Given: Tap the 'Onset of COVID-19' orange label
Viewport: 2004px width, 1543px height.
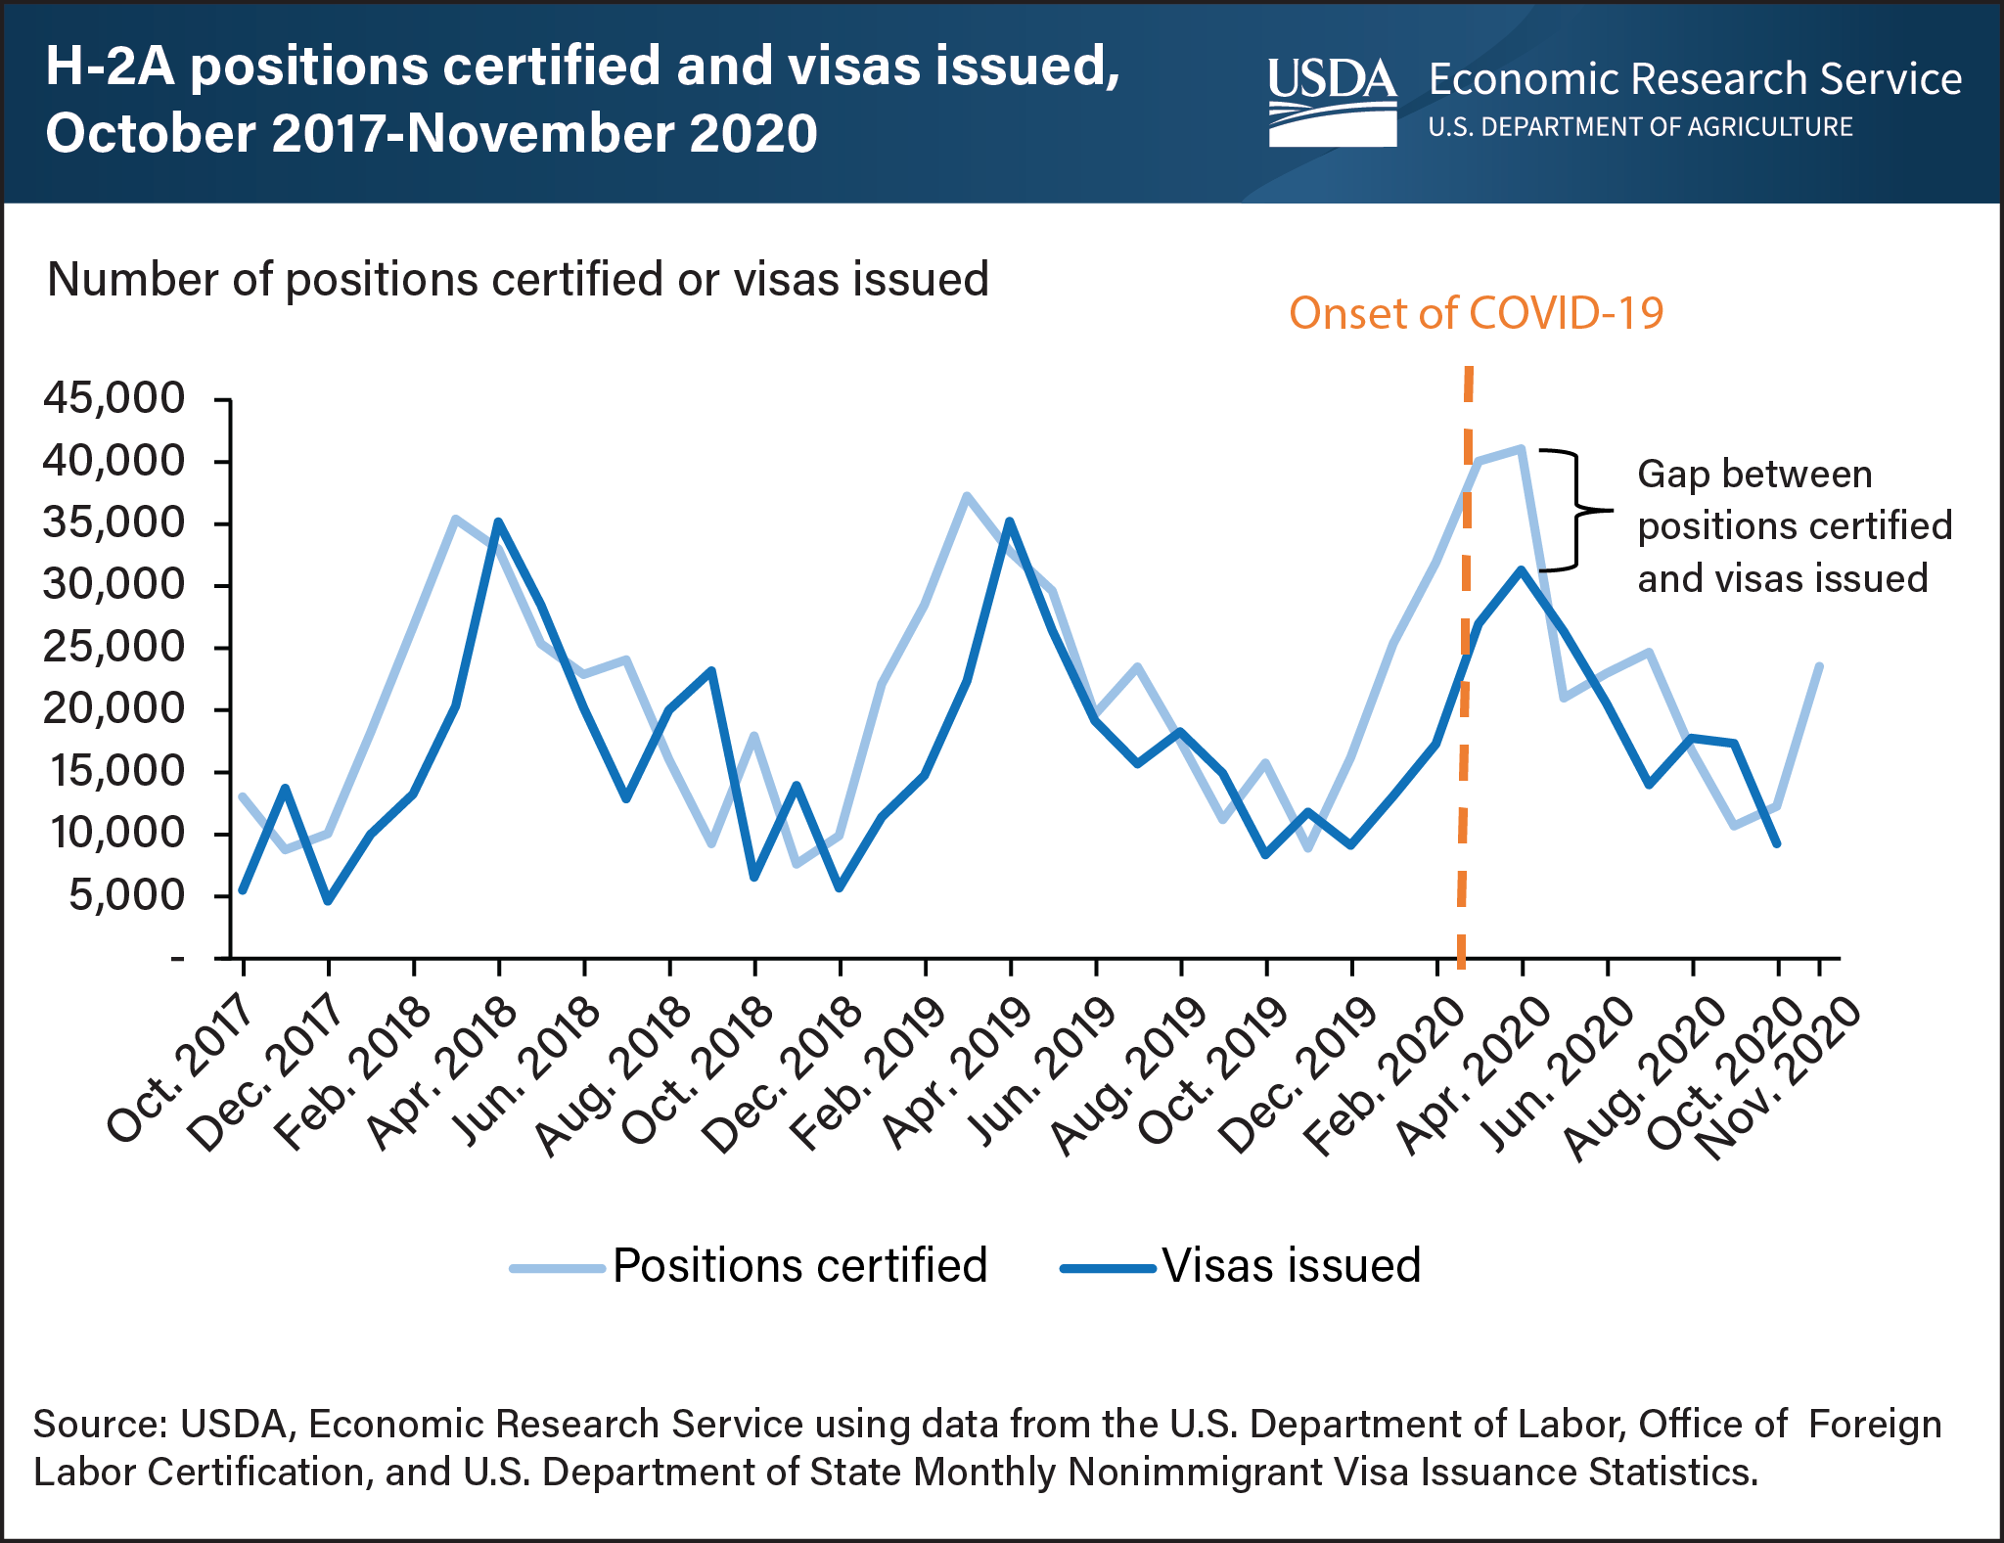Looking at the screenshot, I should (x=1476, y=314).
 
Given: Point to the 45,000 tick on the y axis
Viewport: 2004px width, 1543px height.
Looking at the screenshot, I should (x=114, y=398).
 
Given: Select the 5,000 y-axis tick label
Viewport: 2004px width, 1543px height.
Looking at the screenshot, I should (x=127, y=895).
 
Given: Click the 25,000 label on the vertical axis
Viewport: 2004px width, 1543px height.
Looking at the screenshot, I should (x=114, y=647).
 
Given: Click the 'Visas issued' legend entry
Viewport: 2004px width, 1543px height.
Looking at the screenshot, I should (x=1242, y=1266).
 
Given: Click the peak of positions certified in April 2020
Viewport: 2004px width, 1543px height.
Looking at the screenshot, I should (x=1521, y=449).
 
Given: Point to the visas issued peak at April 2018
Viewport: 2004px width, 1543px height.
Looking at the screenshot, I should (x=499, y=522).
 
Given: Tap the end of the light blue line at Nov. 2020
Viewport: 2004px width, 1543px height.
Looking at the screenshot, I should (x=1819, y=666).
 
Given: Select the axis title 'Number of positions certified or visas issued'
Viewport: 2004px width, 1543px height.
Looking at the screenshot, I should (x=518, y=280).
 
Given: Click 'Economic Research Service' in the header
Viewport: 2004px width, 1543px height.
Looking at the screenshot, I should (x=1695, y=79).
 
